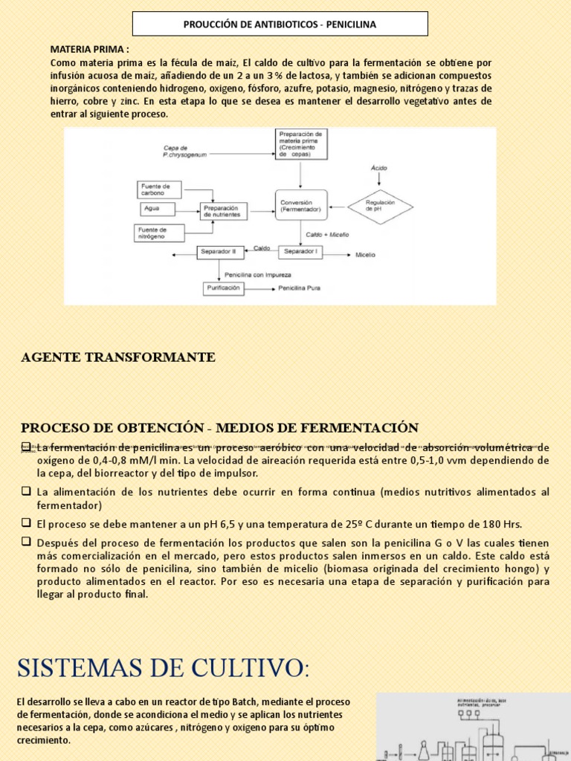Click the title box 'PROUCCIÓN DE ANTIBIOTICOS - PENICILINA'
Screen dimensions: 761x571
click(x=280, y=24)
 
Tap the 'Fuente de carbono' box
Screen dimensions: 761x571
click(x=158, y=190)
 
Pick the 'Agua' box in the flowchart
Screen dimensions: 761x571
click(x=155, y=209)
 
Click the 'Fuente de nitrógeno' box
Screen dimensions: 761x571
click(x=158, y=233)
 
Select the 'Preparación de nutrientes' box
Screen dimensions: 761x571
click(x=222, y=211)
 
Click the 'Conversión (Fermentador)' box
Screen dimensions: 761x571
click(x=301, y=206)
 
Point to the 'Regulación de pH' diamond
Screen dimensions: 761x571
click(x=380, y=206)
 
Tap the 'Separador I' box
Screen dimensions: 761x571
click(x=300, y=253)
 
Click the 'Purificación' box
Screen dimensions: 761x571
click(x=223, y=288)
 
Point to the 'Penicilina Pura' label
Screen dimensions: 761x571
click(x=300, y=288)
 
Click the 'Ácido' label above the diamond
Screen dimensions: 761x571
click(x=379, y=168)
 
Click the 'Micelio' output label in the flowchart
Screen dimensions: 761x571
click(x=365, y=254)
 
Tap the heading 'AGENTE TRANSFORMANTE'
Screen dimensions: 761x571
click(x=118, y=357)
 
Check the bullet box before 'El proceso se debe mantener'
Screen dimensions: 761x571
click(x=26, y=522)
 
